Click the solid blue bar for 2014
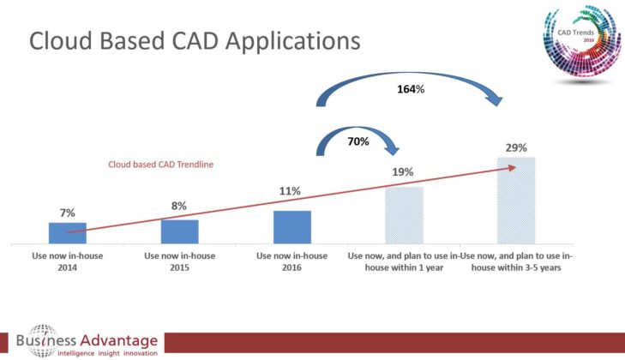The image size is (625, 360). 67,233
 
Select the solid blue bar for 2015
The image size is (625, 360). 179,232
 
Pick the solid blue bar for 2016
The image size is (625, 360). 291,227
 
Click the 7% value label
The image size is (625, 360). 67,213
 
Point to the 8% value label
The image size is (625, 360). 179,207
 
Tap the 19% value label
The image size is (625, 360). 404,171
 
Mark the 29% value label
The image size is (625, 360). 516,147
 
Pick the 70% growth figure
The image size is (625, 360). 358,141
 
